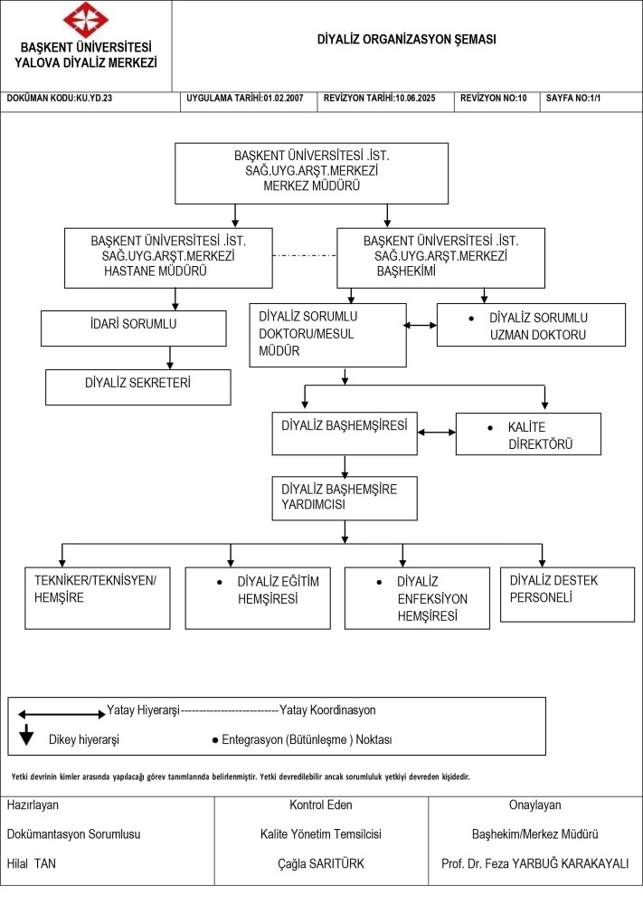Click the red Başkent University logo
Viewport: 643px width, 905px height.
point(85,20)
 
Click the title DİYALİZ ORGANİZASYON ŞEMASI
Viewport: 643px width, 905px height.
point(407,39)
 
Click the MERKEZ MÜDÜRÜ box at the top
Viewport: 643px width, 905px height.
point(311,173)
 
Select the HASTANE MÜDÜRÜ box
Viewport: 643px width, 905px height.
point(168,258)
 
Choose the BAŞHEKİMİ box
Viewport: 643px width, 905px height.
point(440,258)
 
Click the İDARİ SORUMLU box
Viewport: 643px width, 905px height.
point(133,329)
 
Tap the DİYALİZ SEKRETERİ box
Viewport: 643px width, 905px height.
point(137,386)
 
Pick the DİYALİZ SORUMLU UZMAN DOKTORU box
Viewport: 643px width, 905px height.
point(531,325)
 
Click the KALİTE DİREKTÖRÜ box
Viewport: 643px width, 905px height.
point(528,434)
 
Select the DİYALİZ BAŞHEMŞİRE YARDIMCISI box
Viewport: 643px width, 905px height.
point(345,498)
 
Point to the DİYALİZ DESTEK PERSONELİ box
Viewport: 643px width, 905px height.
point(567,595)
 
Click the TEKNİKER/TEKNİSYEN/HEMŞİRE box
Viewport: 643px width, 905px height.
point(98,598)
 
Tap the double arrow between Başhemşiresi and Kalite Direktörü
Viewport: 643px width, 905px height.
point(437,432)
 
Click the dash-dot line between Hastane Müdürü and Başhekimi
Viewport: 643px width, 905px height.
point(305,255)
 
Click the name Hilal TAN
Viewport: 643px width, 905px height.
point(32,863)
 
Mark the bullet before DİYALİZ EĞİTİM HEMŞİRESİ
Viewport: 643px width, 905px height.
point(219,582)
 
